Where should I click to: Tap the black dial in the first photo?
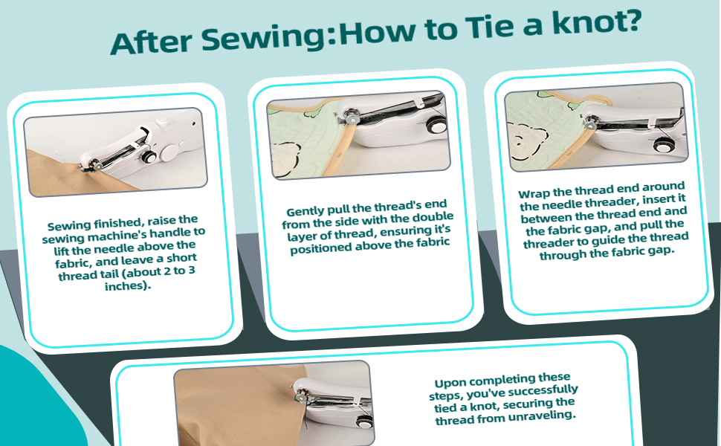(149, 157)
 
